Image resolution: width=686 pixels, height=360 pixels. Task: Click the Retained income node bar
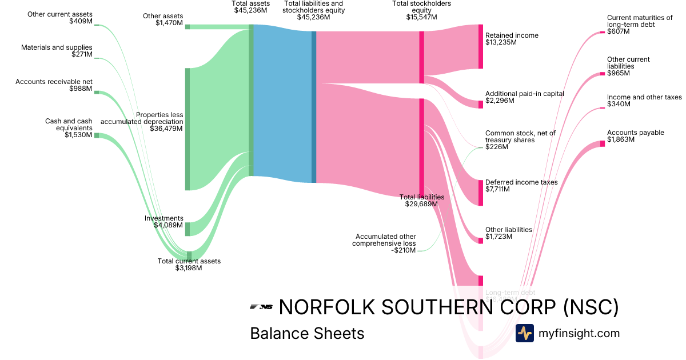coord(481,47)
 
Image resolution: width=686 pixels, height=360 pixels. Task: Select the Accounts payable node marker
coord(602,143)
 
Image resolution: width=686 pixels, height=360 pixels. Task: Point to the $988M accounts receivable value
coord(81,89)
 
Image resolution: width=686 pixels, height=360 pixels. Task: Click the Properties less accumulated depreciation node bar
coord(187,129)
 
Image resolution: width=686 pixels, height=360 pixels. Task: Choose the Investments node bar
coord(187,229)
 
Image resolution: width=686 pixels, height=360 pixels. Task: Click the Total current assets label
coord(189,261)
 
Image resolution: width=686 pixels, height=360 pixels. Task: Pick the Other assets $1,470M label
coord(163,19)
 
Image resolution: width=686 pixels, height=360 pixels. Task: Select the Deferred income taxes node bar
coord(481,193)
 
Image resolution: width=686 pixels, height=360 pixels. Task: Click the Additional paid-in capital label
coord(524,94)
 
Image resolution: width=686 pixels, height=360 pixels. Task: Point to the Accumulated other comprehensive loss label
coord(386,240)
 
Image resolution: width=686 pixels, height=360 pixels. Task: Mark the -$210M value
coord(404,250)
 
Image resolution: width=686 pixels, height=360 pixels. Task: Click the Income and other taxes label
coord(644,97)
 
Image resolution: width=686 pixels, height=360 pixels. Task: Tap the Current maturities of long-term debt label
coord(640,21)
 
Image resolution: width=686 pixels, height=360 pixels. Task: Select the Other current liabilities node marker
coord(602,74)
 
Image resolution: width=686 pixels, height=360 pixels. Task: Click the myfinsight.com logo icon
coord(524,333)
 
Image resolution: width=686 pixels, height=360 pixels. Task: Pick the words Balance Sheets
coord(307,333)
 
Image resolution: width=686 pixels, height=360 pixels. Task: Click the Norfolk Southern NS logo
coord(261,307)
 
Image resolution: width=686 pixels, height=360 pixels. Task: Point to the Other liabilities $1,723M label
coord(508,233)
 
